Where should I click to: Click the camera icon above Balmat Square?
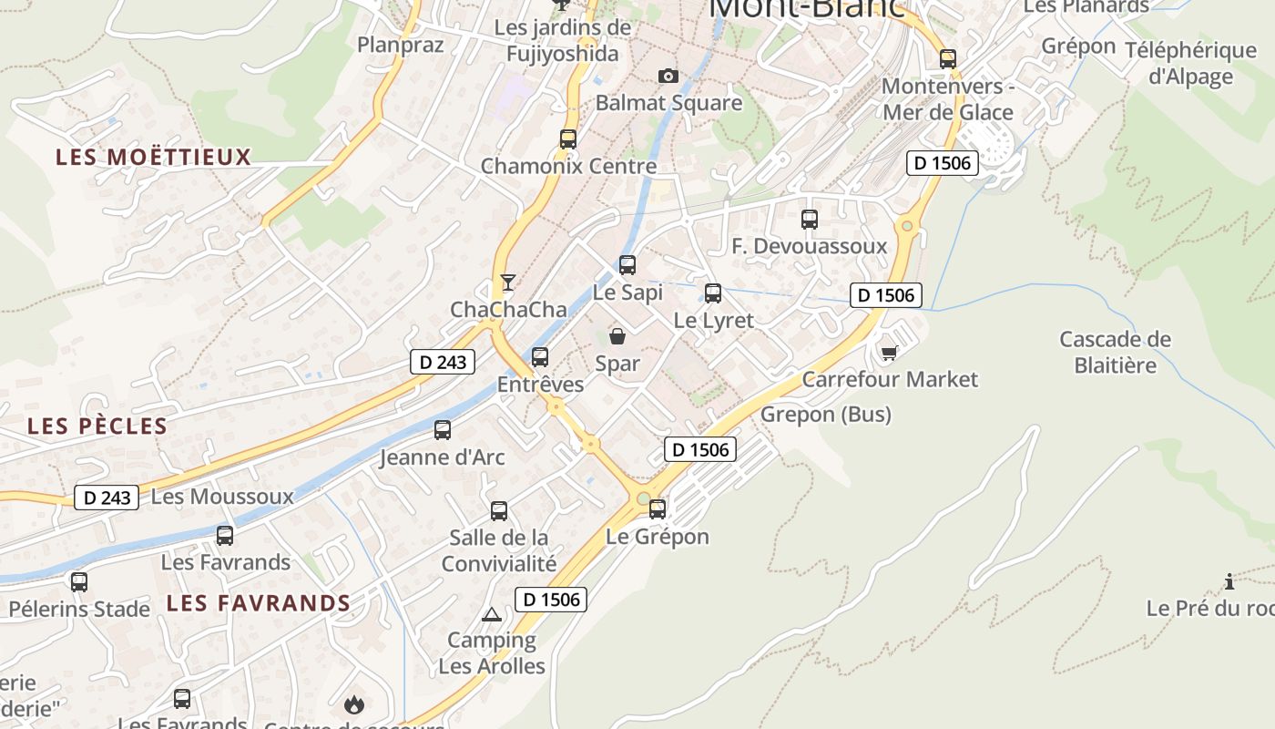668,76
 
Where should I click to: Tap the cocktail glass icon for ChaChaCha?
508,282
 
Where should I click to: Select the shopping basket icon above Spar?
617,336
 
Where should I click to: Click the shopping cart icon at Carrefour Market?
889,353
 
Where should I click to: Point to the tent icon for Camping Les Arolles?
492,614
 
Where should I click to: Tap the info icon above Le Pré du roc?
1229,581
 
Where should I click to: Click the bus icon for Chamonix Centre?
568,139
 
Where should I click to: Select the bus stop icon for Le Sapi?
627,265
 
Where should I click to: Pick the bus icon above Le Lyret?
713,293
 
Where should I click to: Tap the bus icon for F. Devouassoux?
810,220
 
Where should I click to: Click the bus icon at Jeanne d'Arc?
443,430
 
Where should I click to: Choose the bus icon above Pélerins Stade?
79,581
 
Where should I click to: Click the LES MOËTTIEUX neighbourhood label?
153,157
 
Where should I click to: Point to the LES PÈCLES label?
97,426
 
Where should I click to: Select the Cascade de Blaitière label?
1115,353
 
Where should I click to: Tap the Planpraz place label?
401,45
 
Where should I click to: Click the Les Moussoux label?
222,497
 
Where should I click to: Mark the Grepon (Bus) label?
825,415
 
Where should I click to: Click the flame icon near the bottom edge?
353,703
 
